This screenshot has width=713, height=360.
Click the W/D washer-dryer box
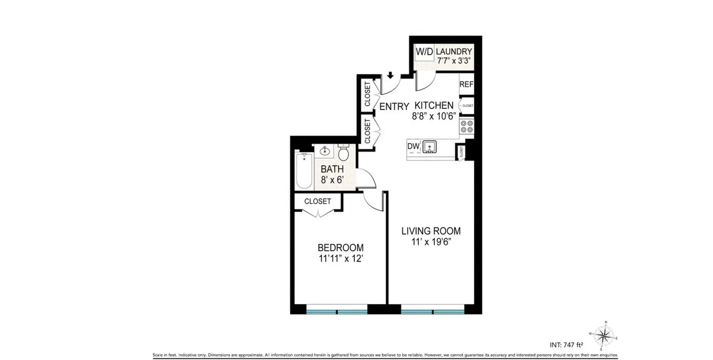pos(424,52)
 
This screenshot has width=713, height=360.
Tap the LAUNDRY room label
pos(455,52)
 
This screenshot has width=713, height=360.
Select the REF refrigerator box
pos(466,84)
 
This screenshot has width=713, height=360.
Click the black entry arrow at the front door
pos(390,75)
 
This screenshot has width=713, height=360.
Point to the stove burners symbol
pos(467,127)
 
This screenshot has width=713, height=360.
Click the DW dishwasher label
pos(414,146)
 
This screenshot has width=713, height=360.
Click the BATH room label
pos(332,169)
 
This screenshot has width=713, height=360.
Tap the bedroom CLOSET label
pos(317,201)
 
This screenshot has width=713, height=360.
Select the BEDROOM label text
pos(340,248)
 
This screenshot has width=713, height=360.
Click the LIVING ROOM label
pos(431,231)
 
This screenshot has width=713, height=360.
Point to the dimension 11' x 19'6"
pos(431,242)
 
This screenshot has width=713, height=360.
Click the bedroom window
pos(337,311)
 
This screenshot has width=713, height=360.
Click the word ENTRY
pos(394,106)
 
